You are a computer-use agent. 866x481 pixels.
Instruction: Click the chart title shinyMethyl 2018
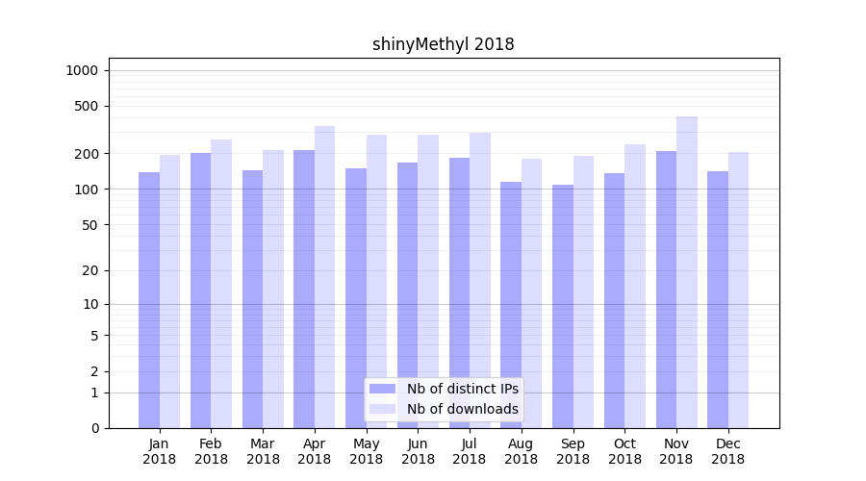(x=443, y=44)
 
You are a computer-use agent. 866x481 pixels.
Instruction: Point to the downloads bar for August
(x=531, y=293)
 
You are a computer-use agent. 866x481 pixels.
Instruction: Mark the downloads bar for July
(x=480, y=280)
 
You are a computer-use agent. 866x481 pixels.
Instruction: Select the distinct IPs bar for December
(x=718, y=299)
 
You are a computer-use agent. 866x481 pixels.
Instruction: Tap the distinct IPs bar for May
(x=356, y=298)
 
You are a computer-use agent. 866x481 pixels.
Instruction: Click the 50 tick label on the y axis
(x=89, y=225)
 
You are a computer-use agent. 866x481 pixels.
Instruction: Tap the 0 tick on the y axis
(x=94, y=428)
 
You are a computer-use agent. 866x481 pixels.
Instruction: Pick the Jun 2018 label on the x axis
(x=418, y=451)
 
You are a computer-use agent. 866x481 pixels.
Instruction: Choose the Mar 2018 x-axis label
(x=263, y=451)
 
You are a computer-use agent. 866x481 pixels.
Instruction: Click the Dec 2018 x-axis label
(x=728, y=451)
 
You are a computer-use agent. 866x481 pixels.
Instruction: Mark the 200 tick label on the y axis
(x=86, y=154)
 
